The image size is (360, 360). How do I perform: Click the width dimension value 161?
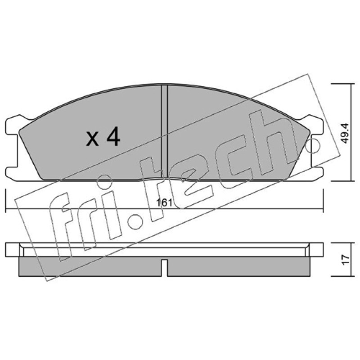(x=164, y=203)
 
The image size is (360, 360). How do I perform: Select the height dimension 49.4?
(x=345, y=133)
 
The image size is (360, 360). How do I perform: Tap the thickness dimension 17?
(x=346, y=260)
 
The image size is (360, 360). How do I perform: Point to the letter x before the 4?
(x=93, y=139)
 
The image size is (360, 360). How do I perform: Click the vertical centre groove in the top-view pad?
(x=164, y=131)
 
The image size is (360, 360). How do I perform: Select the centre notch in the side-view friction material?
(x=164, y=267)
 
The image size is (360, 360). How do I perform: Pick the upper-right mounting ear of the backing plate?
(x=313, y=125)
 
